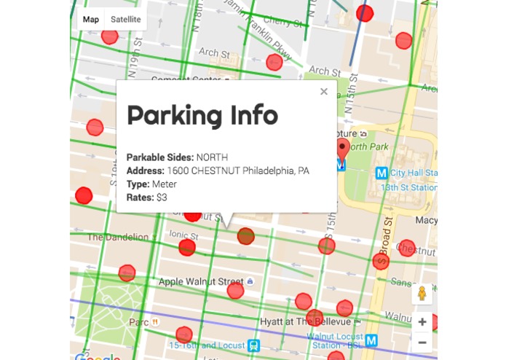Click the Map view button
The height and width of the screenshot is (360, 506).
[x=91, y=20]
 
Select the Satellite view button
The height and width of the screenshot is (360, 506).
[x=126, y=20]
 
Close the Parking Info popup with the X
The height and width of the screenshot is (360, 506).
[x=324, y=91]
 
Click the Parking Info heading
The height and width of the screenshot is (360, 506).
[x=202, y=116]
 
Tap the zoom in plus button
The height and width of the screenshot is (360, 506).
[x=422, y=321]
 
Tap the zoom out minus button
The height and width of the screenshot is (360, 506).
[x=422, y=342]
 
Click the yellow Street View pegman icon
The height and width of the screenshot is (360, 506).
[x=421, y=294]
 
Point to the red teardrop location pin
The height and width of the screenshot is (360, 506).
[x=343, y=151]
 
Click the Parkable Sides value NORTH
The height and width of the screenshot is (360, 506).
[x=212, y=157]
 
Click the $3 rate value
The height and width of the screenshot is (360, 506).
[x=162, y=197]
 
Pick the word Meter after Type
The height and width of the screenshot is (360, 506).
[x=165, y=184]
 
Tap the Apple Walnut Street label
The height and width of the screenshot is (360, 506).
[x=201, y=281]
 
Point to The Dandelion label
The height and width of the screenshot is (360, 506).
[x=118, y=237]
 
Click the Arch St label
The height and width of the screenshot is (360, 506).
[x=213, y=52]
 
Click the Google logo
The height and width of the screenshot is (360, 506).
[x=97, y=356]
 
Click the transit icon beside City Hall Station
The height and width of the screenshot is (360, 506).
[x=381, y=173]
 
